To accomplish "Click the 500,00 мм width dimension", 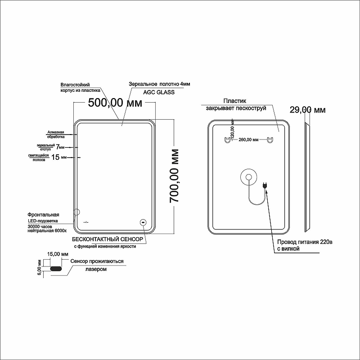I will pos(115,103).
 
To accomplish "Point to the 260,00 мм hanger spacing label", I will pos(248,140).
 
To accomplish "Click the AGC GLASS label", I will pos(159,91).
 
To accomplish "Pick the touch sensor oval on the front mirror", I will pos(143,222).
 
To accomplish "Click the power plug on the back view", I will pos(265,185).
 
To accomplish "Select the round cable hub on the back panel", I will pos(247,176).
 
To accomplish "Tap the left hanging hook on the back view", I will pos(227,140).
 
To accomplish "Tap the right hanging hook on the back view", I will pos(270,140).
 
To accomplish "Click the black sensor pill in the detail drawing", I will pos(56,269).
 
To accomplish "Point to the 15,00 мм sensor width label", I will pos(59,254).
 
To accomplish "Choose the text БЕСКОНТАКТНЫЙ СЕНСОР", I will pos(108,239).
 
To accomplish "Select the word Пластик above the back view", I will pos(234,102).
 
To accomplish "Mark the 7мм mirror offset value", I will pos(60,147).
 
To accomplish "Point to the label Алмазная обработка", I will pos(56,134).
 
